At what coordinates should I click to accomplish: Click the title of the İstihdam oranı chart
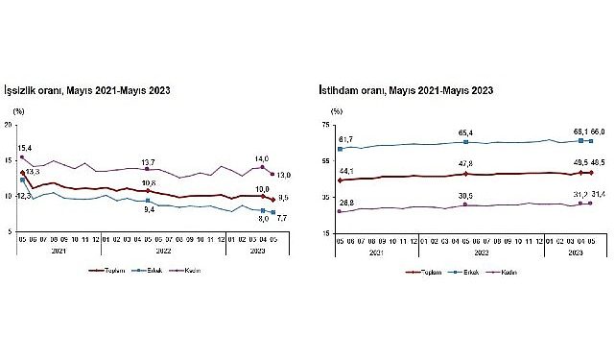[x=406, y=91]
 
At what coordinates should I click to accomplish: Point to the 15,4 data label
[x=25, y=148]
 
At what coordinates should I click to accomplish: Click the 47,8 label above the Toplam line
[x=463, y=164]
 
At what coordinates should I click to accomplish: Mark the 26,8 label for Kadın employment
[x=347, y=203]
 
